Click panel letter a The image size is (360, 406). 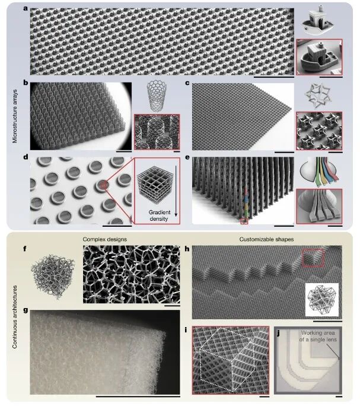(26, 8)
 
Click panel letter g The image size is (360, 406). (26, 310)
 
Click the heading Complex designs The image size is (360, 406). (105, 239)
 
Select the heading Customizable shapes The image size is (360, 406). (266, 239)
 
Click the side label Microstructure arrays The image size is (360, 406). (15, 116)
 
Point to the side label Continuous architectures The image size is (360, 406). (15, 317)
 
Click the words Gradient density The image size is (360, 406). (160, 215)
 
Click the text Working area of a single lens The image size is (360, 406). (318, 336)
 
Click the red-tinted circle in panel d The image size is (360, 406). (103, 185)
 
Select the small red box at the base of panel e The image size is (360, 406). (244, 221)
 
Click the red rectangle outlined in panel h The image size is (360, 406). (313, 258)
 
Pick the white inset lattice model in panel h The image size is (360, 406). (321, 300)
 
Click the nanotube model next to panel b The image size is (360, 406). (157, 96)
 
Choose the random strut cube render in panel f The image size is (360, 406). (53, 276)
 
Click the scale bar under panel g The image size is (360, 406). (138, 396)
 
